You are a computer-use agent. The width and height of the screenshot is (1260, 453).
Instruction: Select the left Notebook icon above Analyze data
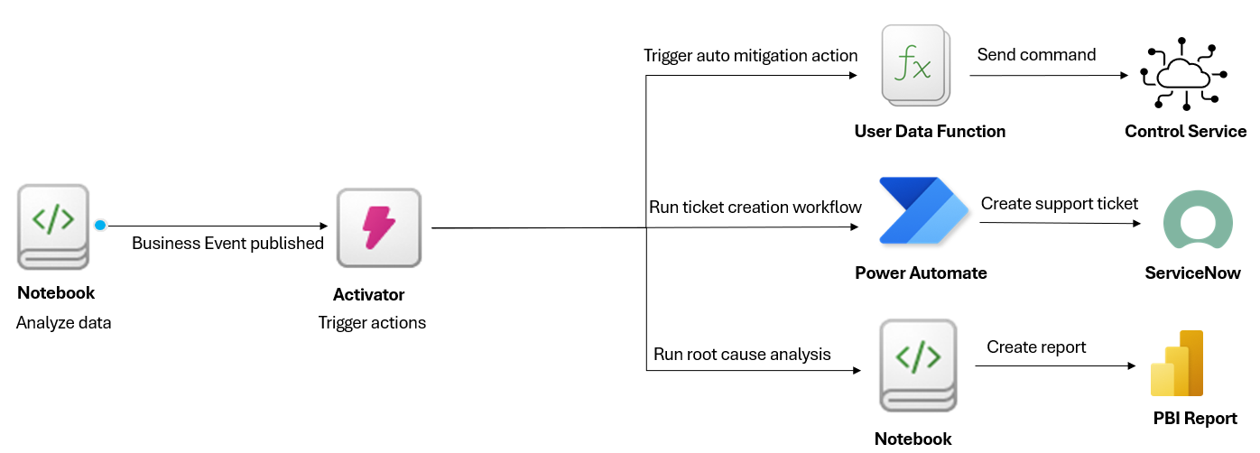click(54, 226)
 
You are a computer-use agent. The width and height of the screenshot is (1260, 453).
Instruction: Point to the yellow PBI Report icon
click(1178, 365)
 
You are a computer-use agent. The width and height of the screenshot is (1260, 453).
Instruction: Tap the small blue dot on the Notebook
click(100, 226)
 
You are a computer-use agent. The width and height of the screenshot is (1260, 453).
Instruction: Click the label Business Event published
click(227, 244)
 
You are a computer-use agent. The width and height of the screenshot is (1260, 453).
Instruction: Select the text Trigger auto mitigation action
click(750, 56)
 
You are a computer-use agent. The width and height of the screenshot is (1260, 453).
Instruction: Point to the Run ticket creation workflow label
click(755, 208)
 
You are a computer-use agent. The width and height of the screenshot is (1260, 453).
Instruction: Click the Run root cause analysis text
click(742, 355)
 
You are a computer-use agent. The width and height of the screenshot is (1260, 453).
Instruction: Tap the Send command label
click(1036, 55)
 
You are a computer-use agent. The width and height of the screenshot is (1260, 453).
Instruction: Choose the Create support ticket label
click(1060, 204)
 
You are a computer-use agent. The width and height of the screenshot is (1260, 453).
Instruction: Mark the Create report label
click(1036, 347)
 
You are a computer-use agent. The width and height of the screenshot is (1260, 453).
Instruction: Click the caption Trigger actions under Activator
click(372, 323)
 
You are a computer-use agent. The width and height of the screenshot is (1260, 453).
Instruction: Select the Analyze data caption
click(63, 323)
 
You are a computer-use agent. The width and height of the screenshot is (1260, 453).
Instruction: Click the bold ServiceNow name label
click(1192, 273)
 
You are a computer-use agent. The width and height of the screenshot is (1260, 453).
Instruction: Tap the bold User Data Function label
click(930, 132)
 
